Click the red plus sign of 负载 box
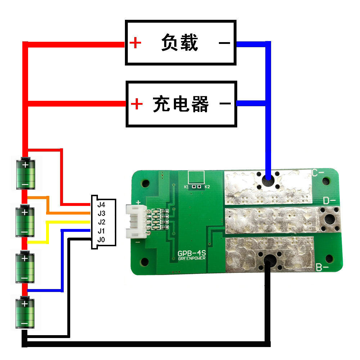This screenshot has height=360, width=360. coord(135,43)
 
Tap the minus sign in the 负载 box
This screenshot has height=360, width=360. coord(224,43)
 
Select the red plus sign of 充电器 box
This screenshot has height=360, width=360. coord(136,104)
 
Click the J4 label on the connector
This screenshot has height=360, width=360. coord(101,204)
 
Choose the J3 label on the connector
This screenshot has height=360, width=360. coord(101,213)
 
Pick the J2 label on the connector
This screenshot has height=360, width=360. coord(101,222)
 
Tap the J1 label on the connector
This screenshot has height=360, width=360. coord(101,231)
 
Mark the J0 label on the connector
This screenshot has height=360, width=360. coord(101,239)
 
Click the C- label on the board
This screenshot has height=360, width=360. coord(318,173)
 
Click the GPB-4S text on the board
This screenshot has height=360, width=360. coord(191,253)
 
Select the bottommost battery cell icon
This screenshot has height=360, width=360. coord(25,312)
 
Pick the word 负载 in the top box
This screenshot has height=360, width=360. coord(180,43)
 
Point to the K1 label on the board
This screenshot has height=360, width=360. coord(186,187)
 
